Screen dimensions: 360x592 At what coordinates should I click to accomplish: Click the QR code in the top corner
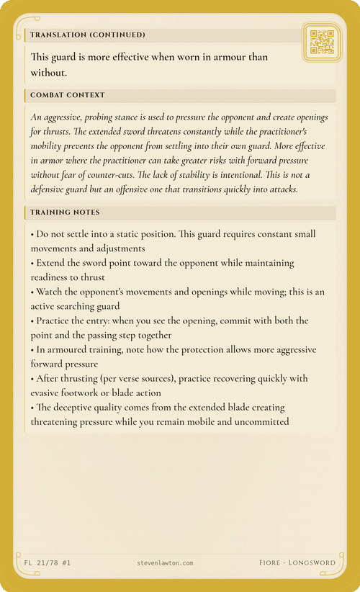(321, 42)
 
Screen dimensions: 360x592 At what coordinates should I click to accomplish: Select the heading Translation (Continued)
(88, 35)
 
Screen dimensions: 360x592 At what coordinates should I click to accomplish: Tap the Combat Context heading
(68, 95)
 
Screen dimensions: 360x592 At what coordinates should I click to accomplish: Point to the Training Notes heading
(66, 212)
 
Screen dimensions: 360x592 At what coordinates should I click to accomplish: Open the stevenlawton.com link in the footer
(164, 562)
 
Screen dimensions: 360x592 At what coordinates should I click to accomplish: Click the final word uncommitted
(256, 422)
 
